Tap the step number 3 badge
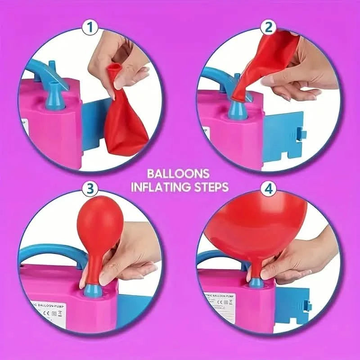(91, 188)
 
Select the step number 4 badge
(269, 188)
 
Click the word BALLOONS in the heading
(180, 174)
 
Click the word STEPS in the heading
(212, 187)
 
